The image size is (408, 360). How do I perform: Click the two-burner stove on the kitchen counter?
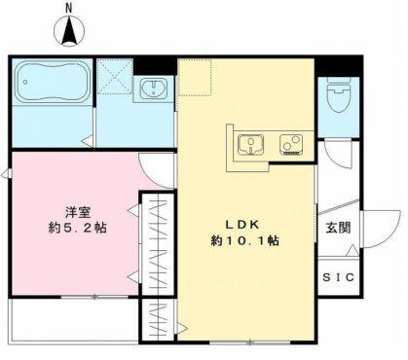click(x=290, y=145)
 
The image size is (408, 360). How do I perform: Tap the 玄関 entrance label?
click(x=337, y=230)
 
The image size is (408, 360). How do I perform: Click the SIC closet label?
click(x=338, y=276)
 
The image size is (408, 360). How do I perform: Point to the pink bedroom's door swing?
click(x=157, y=170)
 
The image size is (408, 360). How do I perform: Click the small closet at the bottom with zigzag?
click(x=157, y=317)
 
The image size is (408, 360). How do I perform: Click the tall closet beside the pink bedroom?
click(x=157, y=243)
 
